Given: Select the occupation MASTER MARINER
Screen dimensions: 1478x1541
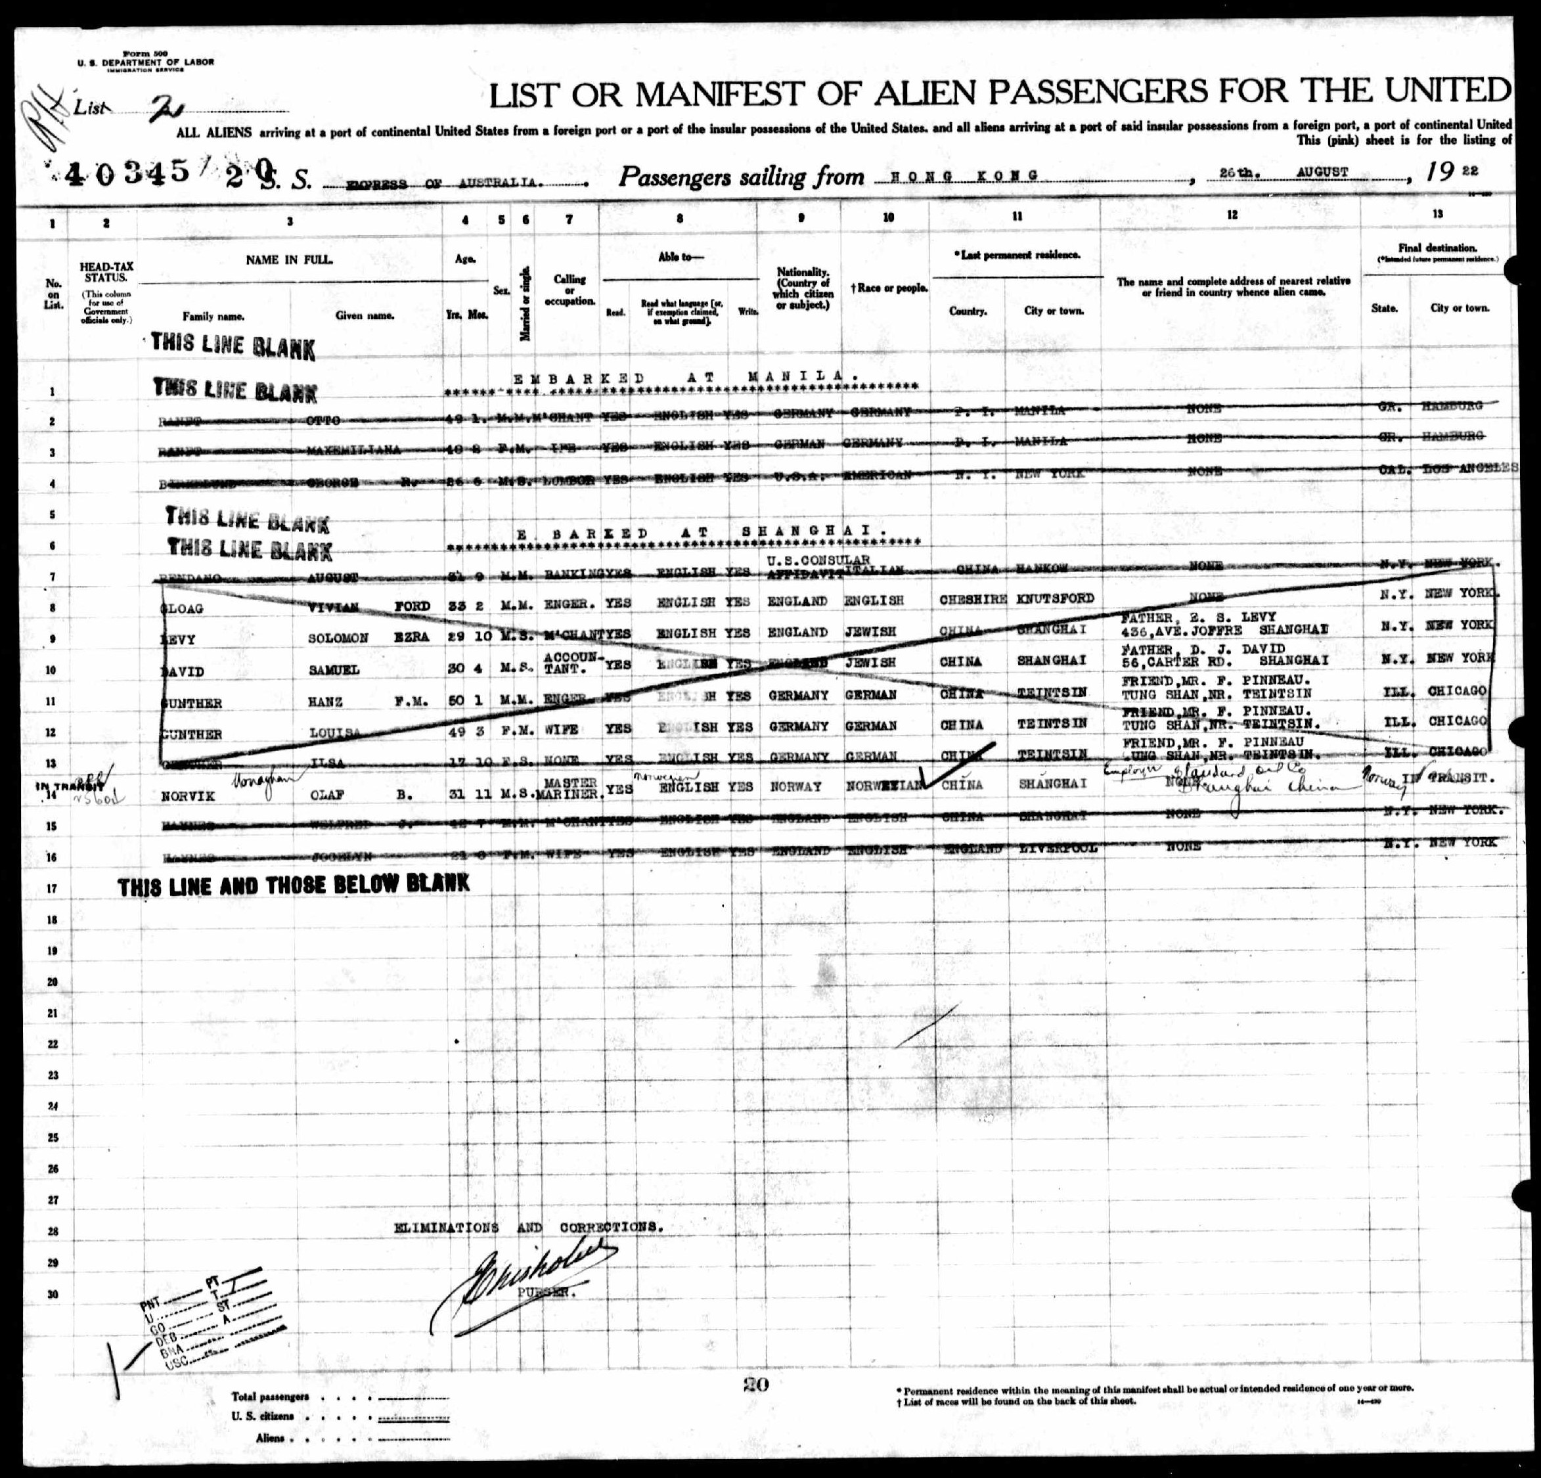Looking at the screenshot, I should [x=571, y=788].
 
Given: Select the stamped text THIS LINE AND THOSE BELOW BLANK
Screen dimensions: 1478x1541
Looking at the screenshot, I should [x=293, y=884].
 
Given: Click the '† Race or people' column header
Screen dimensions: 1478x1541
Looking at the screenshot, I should [x=889, y=288].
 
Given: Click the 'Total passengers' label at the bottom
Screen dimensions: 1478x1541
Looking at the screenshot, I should [x=270, y=1418].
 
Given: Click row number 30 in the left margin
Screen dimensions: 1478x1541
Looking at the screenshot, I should [x=53, y=1293].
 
